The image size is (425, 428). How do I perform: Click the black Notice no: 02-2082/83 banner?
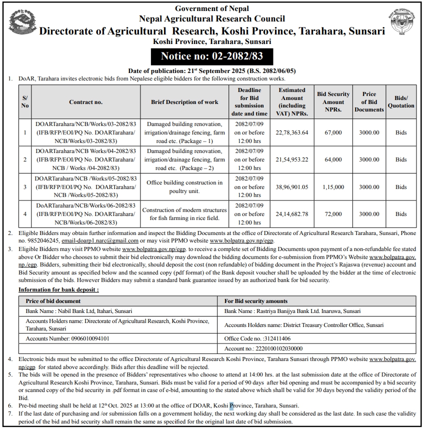[212, 56]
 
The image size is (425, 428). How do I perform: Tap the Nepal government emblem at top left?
[22, 23]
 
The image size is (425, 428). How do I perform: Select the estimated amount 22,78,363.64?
[292, 132]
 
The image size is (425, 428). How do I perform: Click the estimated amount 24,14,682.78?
[292, 214]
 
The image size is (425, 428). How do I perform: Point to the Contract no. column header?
[85, 102]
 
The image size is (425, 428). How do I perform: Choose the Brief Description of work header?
[184, 102]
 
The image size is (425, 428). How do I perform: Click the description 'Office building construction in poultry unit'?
[184, 187]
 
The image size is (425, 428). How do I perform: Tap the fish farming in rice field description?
[184, 214]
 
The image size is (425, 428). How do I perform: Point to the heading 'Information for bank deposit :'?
[58, 289]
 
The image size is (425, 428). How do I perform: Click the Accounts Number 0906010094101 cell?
[67, 338]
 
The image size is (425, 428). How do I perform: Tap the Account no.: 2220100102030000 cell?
[263, 348]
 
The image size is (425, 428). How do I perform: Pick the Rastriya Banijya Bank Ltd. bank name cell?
[292, 311]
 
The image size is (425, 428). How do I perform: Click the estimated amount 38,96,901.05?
[292, 187]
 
